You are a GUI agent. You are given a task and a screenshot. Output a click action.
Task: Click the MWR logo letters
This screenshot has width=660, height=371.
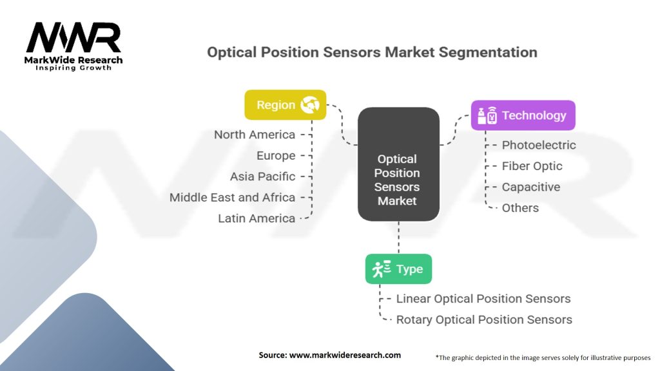tap(73, 38)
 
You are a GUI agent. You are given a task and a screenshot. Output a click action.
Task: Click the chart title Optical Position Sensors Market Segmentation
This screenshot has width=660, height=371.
tap(372, 52)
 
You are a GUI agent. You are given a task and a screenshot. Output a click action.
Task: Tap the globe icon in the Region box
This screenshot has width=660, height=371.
tap(309, 105)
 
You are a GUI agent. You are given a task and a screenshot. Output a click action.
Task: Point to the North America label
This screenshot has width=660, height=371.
tap(255, 135)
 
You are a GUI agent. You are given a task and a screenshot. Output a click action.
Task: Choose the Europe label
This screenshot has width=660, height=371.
tap(276, 155)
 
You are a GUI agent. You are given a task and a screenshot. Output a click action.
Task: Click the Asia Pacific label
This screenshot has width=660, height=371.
tap(262, 176)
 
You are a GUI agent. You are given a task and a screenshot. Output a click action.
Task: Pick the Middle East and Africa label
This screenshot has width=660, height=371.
tap(232, 197)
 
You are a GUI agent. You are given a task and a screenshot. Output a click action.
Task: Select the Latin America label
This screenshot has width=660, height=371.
tap(257, 218)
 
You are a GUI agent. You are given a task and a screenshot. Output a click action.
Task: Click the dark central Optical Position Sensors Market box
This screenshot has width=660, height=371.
tap(398, 164)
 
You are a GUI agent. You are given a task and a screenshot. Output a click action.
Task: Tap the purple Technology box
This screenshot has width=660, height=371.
tap(522, 115)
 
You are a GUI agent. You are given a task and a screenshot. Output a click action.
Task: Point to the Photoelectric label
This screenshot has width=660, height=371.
tap(539, 145)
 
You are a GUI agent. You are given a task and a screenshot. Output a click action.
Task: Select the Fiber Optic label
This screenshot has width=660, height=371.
tap(532, 166)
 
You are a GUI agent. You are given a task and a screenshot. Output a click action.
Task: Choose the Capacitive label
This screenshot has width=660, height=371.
tap(530, 187)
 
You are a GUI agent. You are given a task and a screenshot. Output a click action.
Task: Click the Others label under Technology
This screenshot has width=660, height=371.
tap(520, 208)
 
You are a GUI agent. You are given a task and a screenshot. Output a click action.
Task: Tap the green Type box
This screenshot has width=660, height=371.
tap(398, 269)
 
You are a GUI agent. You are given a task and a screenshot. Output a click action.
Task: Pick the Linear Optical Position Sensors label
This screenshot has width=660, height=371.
tap(483, 299)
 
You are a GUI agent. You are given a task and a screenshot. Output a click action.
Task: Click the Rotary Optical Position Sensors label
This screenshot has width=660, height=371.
tap(484, 319)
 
